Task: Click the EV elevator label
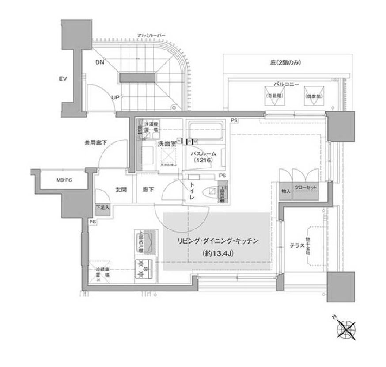click(63, 80)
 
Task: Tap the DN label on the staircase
click(100, 62)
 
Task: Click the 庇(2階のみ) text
click(286, 63)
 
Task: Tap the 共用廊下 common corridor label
click(97, 143)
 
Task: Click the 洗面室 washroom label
click(167, 143)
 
